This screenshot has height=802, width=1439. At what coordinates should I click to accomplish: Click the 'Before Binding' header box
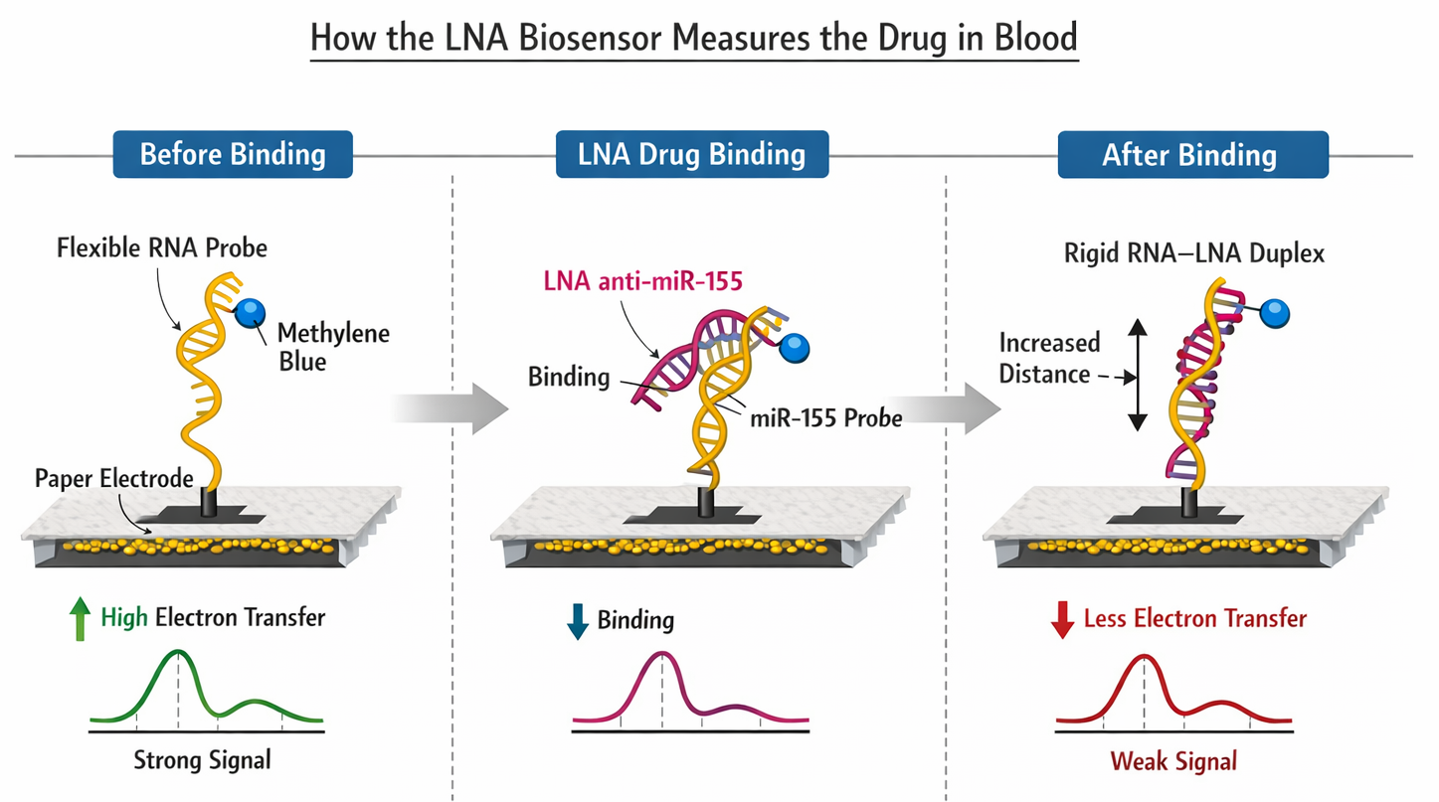tap(233, 155)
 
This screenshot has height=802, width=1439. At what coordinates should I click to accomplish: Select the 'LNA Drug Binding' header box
tap(691, 155)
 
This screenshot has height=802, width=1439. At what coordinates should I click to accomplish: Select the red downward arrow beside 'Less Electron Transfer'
tap(1063, 620)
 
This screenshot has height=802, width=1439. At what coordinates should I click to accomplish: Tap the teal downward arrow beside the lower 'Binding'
tap(577, 621)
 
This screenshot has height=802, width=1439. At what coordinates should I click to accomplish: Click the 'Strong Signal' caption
tap(202, 761)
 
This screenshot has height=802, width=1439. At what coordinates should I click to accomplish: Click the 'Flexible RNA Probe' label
tap(161, 246)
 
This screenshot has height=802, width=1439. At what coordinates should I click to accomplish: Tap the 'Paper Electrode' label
tap(113, 479)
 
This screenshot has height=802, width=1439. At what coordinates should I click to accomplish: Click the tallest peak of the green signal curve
tap(178, 653)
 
